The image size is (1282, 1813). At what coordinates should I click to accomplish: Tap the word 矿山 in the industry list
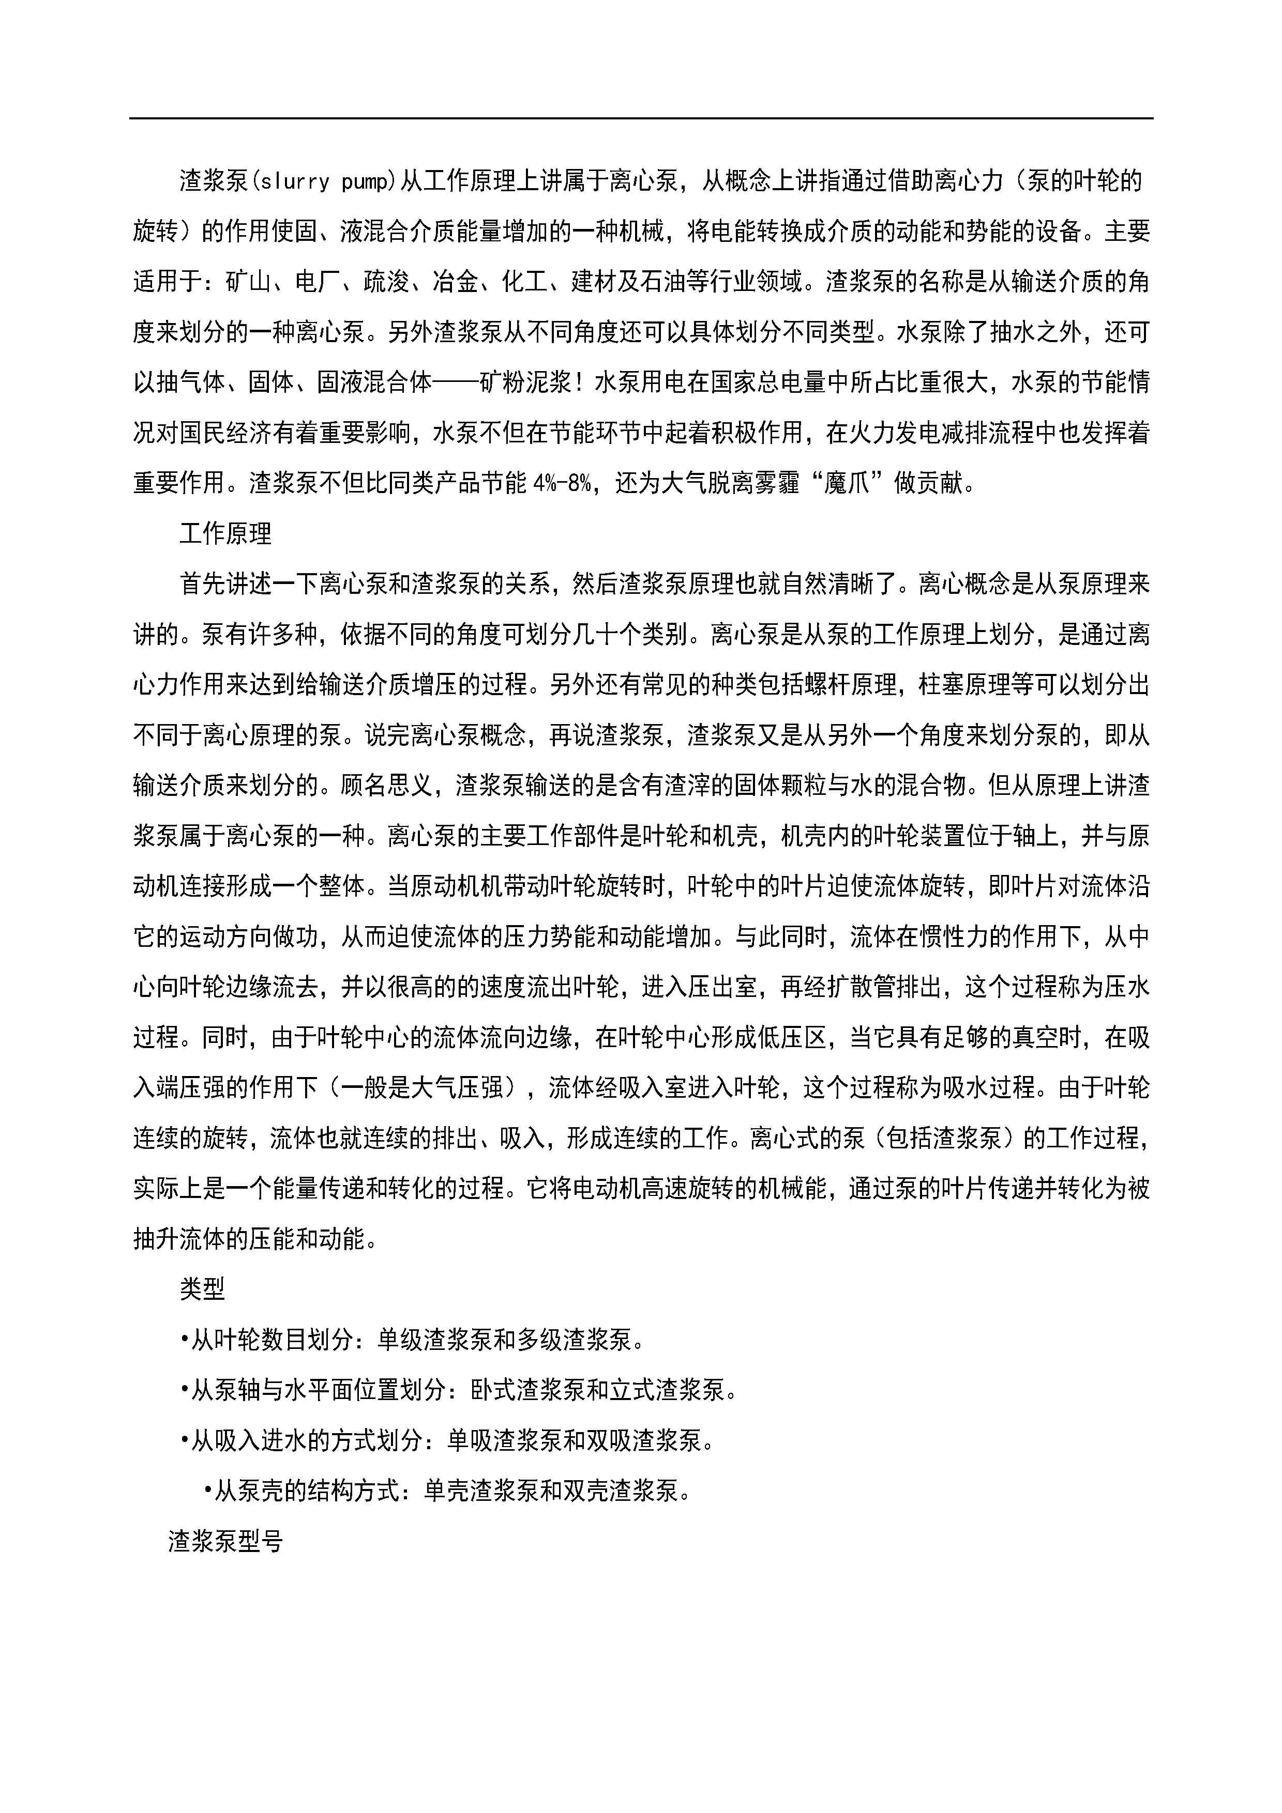(248, 282)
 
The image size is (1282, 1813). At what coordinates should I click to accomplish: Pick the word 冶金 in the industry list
(456, 282)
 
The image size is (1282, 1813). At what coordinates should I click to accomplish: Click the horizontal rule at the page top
(641, 118)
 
